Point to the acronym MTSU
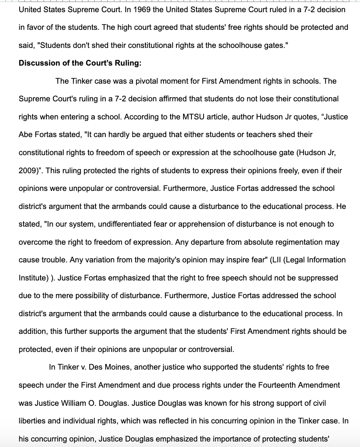(193, 117)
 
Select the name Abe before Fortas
(26, 135)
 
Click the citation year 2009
(27, 170)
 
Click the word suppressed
(318, 278)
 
